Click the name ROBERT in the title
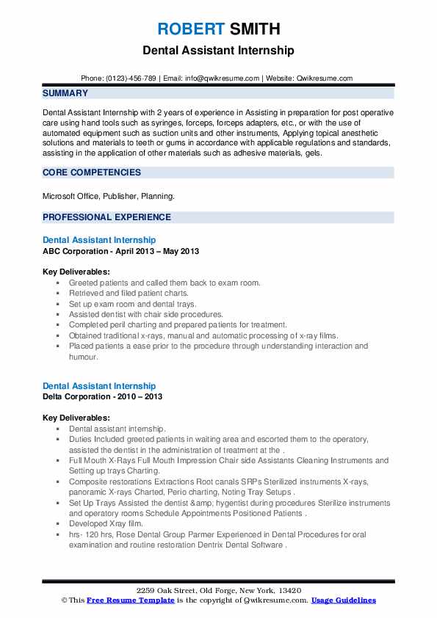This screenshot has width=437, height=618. (x=189, y=29)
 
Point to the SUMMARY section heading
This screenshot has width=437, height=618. (x=65, y=93)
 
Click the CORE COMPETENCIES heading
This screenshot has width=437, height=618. (x=92, y=172)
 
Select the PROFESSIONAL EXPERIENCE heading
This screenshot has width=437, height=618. (x=106, y=217)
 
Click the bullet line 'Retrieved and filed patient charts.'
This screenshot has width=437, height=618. (x=129, y=293)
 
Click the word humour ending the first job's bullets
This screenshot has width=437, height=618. (x=84, y=357)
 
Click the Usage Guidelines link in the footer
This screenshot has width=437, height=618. (x=343, y=600)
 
